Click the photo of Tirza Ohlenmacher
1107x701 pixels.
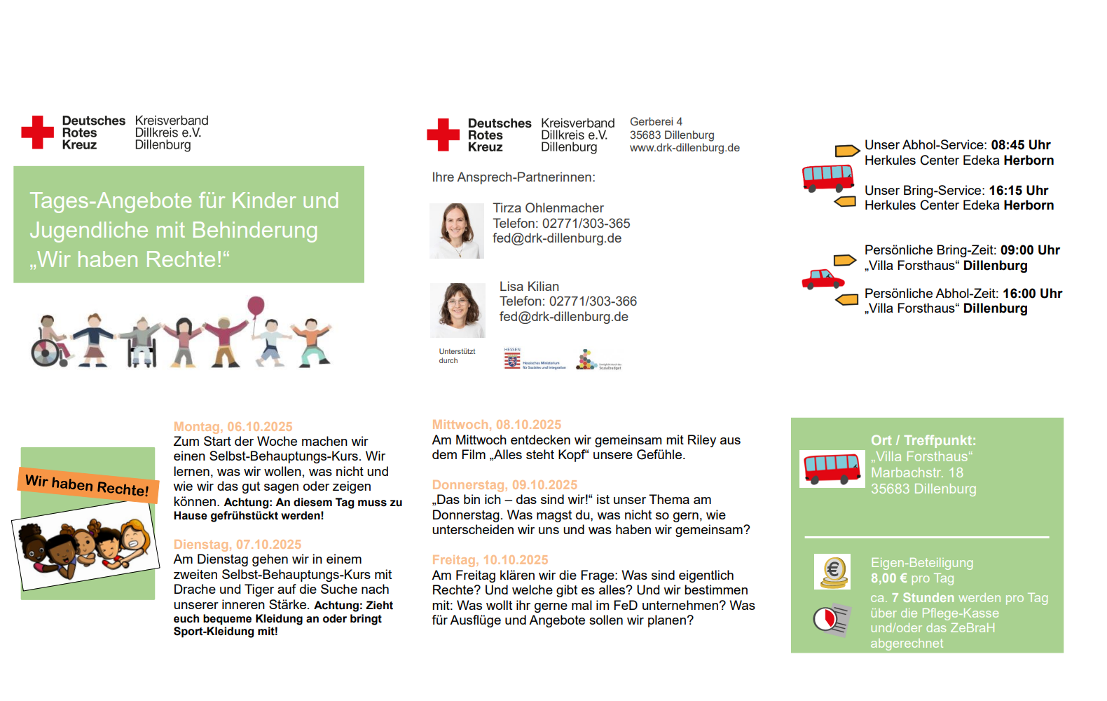click(x=457, y=231)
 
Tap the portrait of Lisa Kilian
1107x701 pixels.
click(x=458, y=310)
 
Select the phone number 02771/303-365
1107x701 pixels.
click(x=586, y=223)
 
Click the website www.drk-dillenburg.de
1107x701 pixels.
click(x=685, y=148)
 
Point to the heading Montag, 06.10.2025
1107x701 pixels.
click(x=233, y=426)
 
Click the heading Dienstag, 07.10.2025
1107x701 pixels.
click(x=237, y=544)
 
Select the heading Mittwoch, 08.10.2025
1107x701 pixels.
click(x=496, y=424)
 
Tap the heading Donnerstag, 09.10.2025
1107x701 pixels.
click(x=504, y=484)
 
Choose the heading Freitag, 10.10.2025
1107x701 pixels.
click(x=490, y=559)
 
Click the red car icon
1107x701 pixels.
click(x=823, y=279)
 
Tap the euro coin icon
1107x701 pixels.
click(x=832, y=571)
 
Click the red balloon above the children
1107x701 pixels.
click(x=256, y=306)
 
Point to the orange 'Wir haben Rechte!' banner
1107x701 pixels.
click(x=88, y=484)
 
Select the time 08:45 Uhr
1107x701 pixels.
click(x=1020, y=144)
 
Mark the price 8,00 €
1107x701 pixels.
click(x=888, y=578)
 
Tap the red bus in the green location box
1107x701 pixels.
click(x=832, y=468)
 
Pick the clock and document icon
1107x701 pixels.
click(x=832, y=620)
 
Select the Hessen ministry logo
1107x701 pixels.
click(x=535, y=359)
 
